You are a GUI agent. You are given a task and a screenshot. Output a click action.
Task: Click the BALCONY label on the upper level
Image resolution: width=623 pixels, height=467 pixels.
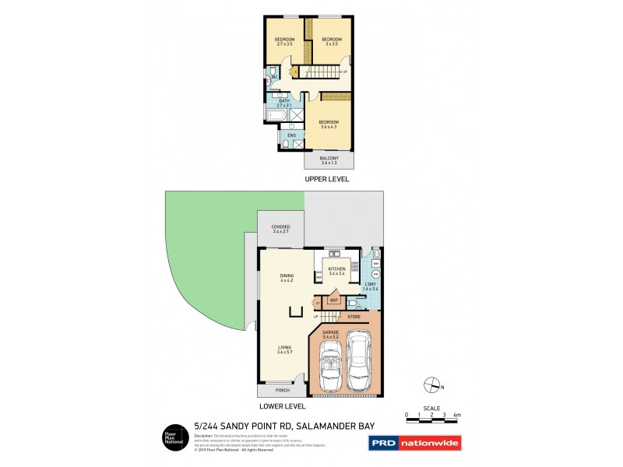point(328,159)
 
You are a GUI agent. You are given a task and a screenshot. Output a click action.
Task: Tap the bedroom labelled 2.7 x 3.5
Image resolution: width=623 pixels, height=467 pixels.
point(284,42)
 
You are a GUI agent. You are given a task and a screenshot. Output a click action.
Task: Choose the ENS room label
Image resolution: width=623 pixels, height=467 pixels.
point(291,135)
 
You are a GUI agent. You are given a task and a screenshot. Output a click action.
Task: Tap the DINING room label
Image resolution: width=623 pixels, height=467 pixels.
point(287,278)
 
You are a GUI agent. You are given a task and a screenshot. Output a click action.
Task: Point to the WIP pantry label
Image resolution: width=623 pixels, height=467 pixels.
point(333,300)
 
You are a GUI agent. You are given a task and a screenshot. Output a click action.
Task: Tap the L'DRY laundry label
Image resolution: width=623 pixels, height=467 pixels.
point(371,286)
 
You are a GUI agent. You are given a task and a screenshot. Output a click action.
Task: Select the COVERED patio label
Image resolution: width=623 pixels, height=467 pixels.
point(281,230)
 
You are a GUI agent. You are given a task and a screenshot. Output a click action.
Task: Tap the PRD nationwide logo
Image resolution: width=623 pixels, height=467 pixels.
point(414,444)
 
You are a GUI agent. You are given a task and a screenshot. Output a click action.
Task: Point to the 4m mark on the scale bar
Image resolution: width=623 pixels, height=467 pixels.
point(457,416)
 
